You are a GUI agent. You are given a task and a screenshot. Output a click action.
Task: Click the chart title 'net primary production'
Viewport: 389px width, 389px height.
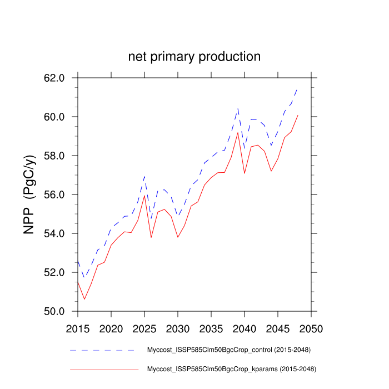point(194,57)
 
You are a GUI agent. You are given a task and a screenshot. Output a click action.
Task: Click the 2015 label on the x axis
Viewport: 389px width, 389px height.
point(78,328)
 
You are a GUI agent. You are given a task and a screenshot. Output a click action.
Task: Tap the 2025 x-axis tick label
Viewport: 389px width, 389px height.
point(144,328)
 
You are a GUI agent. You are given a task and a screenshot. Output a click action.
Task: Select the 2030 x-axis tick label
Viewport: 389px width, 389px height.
point(177,328)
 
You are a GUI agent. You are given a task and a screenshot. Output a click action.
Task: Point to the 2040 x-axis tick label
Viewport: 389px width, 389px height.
point(244,328)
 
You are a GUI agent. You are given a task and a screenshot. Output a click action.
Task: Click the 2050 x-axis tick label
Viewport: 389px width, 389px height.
point(310,328)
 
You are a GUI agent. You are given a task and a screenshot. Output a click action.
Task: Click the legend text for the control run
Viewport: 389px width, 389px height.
point(228,350)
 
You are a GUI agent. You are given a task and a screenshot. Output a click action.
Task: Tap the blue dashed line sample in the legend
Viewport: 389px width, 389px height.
point(103,350)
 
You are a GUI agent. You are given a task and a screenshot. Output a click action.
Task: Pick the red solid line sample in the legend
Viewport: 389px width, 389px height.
point(103,368)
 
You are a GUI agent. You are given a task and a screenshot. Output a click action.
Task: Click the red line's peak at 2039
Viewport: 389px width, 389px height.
point(238,132)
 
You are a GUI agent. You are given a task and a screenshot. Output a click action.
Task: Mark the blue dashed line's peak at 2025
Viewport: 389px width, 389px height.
point(144,177)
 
